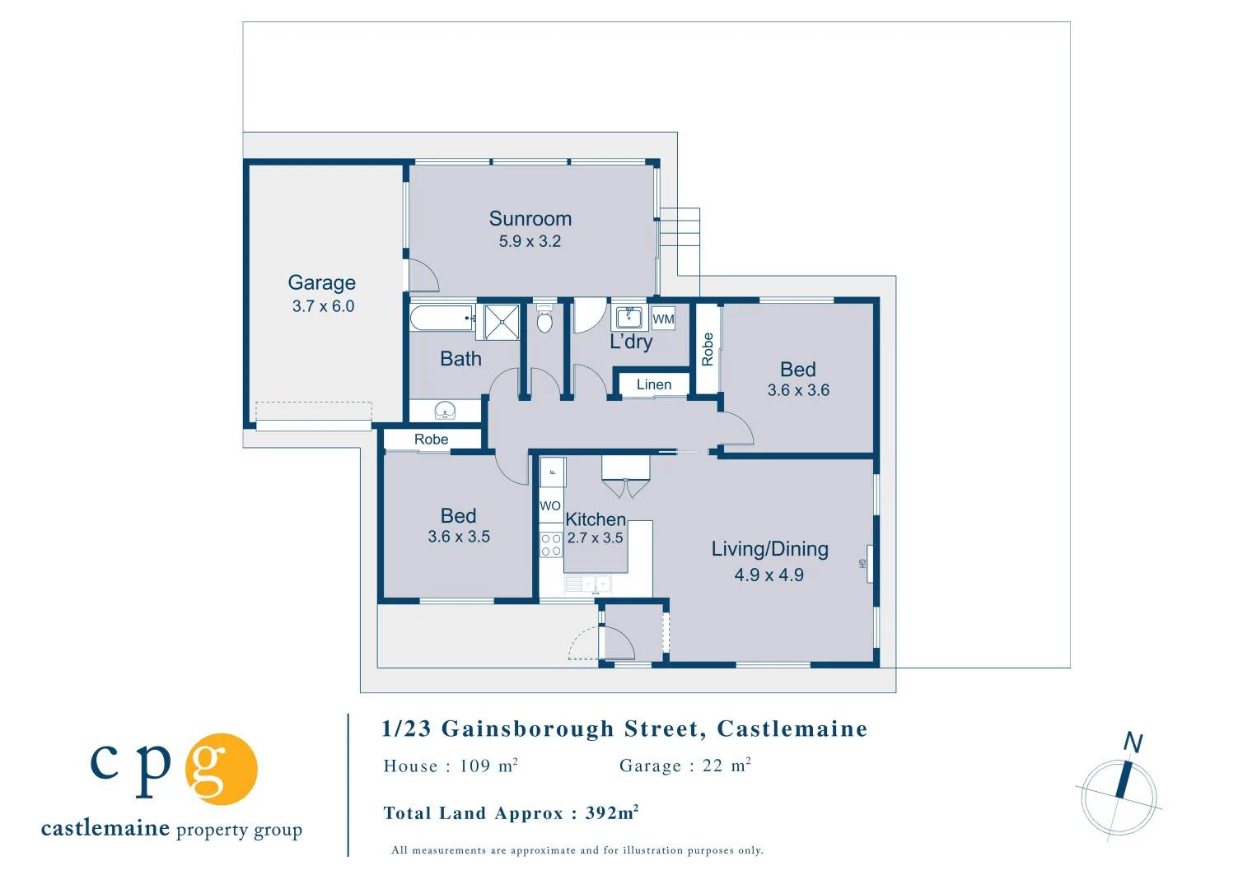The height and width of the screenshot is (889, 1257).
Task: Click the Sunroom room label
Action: pyautogui.click(x=530, y=219)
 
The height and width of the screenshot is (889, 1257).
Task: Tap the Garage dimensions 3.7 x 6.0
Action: pyautogui.click(x=323, y=306)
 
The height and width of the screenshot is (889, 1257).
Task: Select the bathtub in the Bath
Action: pyautogui.click(x=442, y=318)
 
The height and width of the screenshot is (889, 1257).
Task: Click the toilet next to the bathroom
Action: pyautogui.click(x=544, y=319)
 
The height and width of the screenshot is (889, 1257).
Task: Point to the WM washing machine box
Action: pyautogui.click(x=663, y=319)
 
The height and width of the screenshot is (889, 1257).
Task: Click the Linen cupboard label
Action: pyautogui.click(x=654, y=384)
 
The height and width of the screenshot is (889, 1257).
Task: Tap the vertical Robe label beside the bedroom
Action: pyautogui.click(x=708, y=349)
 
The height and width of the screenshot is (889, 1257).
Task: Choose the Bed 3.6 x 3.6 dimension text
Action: pyautogui.click(x=798, y=390)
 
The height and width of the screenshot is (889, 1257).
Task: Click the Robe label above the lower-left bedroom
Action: pyautogui.click(x=432, y=440)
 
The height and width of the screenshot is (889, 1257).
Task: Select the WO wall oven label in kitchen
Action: pyautogui.click(x=550, y=506)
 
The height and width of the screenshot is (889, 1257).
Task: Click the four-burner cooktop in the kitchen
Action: pyautogui.click(x=551, y=544)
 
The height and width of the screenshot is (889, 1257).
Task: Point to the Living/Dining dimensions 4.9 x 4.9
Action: pyautogui.click(x=769, y=575)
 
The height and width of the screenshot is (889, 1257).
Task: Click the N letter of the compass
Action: pyautogui.click(x=1133, y=742)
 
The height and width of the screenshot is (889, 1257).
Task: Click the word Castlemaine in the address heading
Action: pyautogui.click(x=792, y=728)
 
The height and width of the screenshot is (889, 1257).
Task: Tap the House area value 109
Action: pyautogui.click(x=475, y=766)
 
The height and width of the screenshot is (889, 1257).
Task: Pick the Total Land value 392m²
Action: pyautogui.click(x=612, y=813)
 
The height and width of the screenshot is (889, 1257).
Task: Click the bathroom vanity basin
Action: pyautogui.click(x=445, y=410)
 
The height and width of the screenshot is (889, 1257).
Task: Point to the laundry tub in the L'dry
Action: pyautogui.click(x=629, y=317)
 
